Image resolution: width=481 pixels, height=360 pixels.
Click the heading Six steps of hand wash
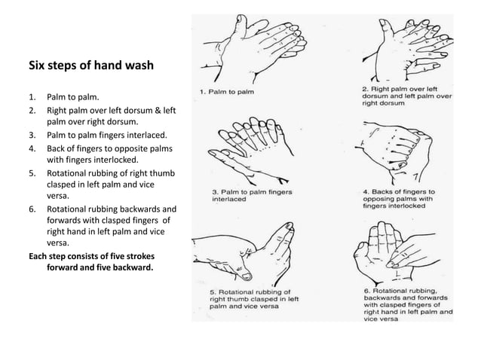point(90,66)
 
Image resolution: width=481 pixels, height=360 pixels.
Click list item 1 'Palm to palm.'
point(72,98)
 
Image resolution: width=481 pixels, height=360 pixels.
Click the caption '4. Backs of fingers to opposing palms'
point(397,198)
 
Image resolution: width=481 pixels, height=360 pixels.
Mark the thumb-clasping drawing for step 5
point(241,249)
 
